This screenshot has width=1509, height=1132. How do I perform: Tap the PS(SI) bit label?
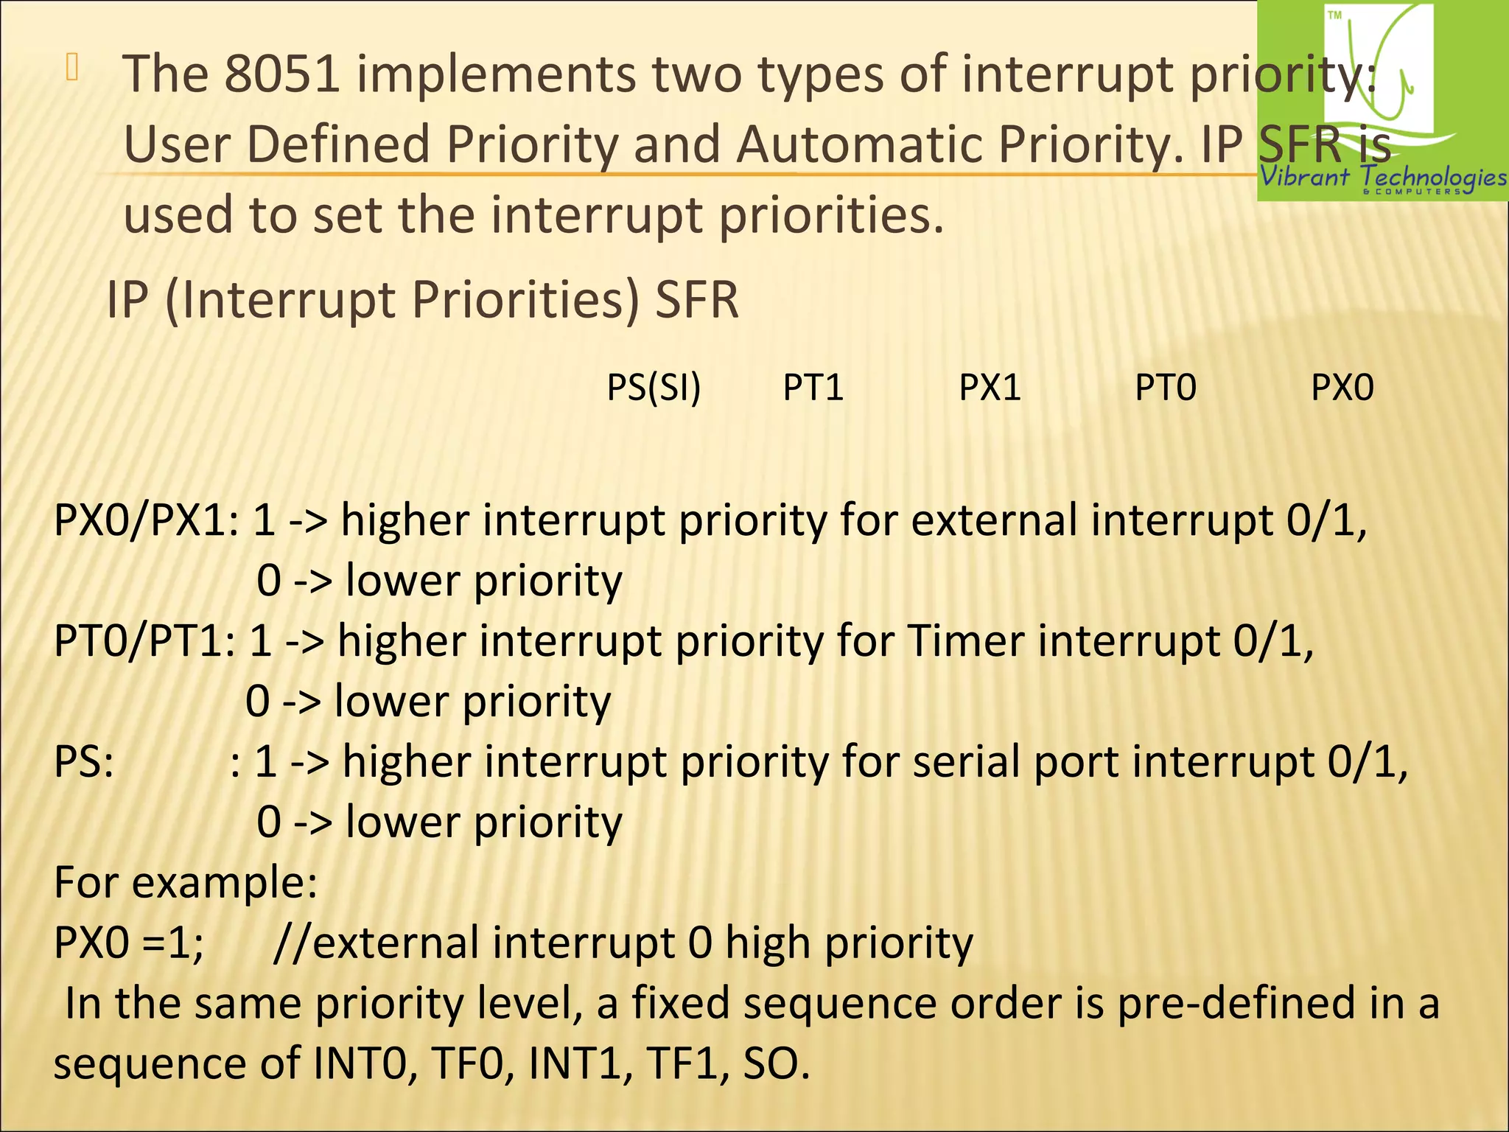(x=654, y=388)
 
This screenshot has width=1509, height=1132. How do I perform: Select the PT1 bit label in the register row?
(x=813, y=388)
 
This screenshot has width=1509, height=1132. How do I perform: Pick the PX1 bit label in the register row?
(x=990, y=388)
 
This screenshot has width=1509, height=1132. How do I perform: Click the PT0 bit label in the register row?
(x=1166, y=388)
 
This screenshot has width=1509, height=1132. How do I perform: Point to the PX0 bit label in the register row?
(x=1342, y=388)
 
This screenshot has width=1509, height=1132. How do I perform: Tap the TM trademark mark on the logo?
(x=1334, y=15)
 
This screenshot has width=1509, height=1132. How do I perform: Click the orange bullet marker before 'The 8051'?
(x=71, y=67)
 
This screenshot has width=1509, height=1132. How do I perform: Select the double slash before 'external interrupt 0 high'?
(x=292, y=943)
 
